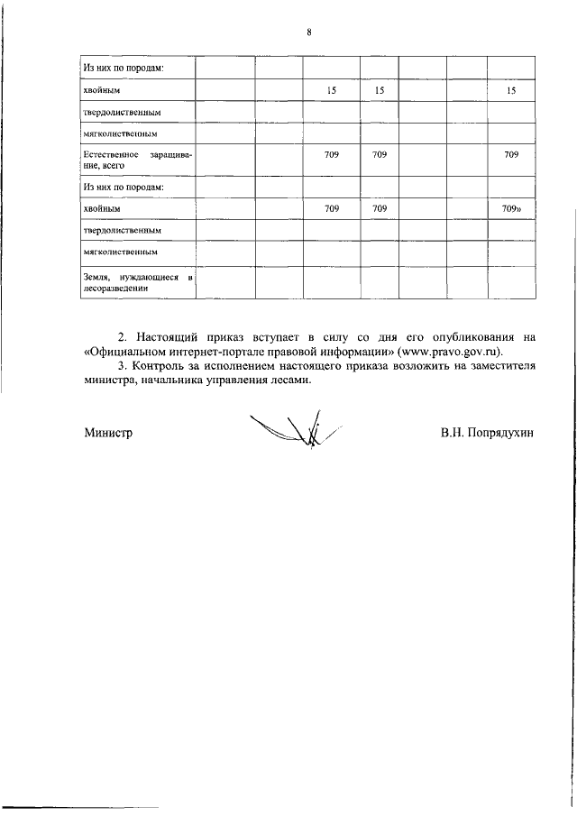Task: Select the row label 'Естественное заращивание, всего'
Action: click(x=135, y=160)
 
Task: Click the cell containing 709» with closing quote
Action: click(x=512, y=208)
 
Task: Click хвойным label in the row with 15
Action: click(x=101, y=91)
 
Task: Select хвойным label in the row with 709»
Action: click(x=101, y=208)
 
